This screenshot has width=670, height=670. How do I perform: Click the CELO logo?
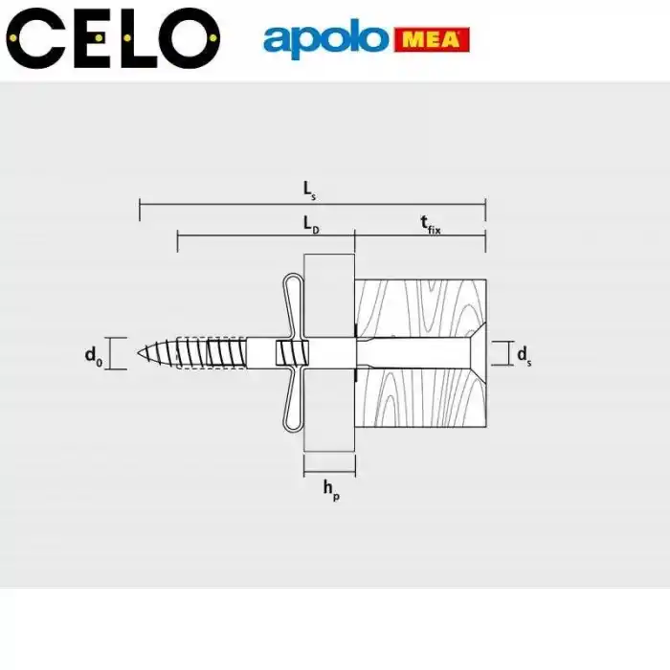[x=112, y=38]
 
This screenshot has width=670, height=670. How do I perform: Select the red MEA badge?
[x=431, y=40]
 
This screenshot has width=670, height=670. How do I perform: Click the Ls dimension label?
[x=309, y=190]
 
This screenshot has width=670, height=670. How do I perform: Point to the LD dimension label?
[x=310, y=224]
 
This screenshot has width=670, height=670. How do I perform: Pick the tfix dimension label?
[x=430, y=224]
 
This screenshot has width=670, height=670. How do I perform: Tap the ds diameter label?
[x=524, y=355]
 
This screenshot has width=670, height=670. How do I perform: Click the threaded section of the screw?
[x=206, y=353]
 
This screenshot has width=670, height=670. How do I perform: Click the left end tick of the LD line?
[x=177, y=239]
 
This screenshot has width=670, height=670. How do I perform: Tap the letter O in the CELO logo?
[x=183, y=38]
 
